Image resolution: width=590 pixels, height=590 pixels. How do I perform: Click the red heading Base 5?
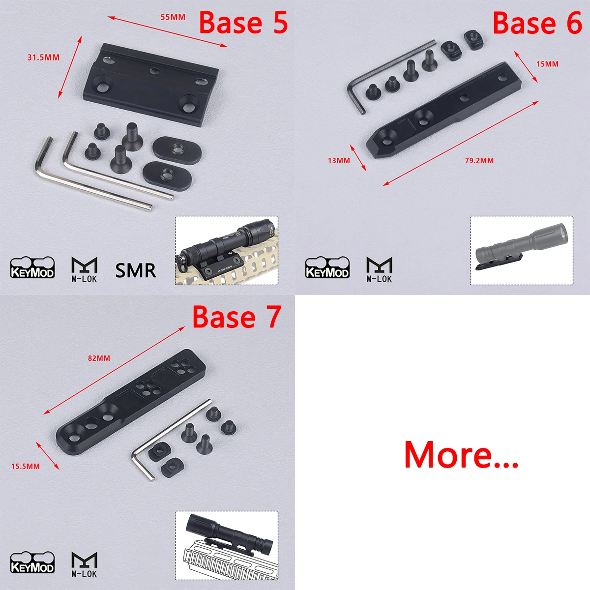(243, 22)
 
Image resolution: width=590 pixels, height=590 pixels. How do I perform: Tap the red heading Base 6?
(537, 22)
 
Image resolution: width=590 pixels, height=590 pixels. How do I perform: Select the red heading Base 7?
(236, 317)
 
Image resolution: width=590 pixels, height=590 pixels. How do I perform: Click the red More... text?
(461, 455)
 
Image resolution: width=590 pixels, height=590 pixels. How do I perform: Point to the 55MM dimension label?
(173, 17)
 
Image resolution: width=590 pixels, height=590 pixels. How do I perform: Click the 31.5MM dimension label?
(43, 57)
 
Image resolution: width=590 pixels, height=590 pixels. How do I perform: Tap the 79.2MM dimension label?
(479, 160)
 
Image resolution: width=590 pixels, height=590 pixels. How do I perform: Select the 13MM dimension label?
(339, 160)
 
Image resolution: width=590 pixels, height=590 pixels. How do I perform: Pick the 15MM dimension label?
(547, 64)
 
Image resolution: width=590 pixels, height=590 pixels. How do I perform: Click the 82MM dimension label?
(99, 358)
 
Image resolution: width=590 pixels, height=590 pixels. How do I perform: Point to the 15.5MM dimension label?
(26, 466)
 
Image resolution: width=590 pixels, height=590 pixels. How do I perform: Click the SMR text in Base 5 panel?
(136, 270)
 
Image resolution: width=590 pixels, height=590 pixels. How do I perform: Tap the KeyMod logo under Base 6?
(327, 267)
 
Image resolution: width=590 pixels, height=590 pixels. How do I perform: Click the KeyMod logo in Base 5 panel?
(32, 267)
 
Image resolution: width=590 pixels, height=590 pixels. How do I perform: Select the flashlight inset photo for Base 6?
(522, 250)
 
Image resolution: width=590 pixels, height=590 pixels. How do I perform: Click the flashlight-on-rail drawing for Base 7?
(227, 545)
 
